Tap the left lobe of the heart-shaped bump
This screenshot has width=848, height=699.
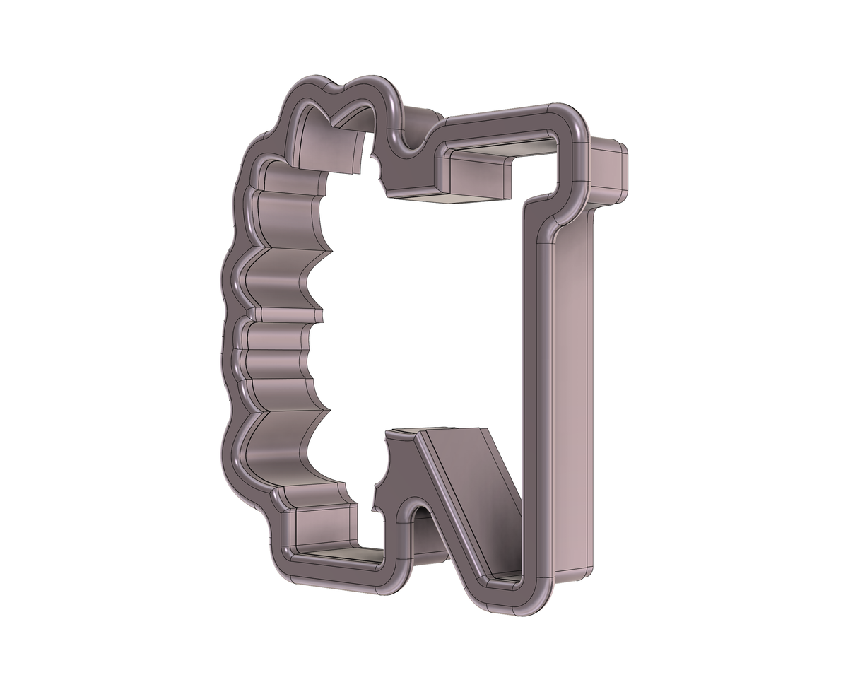tap(307, 85)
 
